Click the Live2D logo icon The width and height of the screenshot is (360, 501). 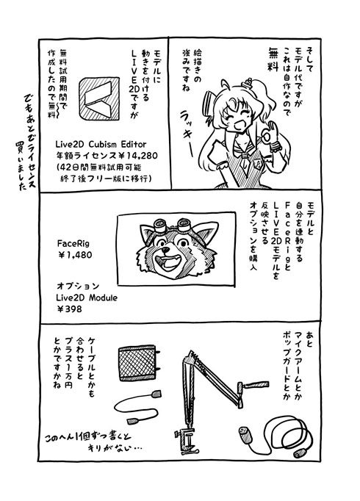pyautogui.click(x=99, y=98)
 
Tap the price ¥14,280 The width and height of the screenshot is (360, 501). pyautogui.click(x=137, y=156)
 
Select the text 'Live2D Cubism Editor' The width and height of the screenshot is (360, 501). pyautogui.click(x=101, y=144)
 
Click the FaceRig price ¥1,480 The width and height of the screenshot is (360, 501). pyautogui.click(x=74, y=255)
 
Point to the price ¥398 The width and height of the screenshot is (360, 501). pyautogui.click(x=69, y=309)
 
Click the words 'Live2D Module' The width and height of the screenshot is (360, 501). pyautogui.click(x=87, y=298)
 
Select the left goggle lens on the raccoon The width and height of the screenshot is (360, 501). pyautogui.click(x=160, y=226)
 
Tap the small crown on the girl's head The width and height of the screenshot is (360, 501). pyautogui.click(x=248, y=84)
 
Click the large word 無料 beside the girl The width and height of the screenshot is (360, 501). pyautogui.click(x=273, y=59)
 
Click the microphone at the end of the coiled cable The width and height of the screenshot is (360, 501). pyautogui.click(x=245, y=434)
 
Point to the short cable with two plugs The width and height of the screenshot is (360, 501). pyautogui.click(x=137, y=406)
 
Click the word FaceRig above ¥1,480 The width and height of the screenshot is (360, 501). pyautogui.click(x=73, y=243)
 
